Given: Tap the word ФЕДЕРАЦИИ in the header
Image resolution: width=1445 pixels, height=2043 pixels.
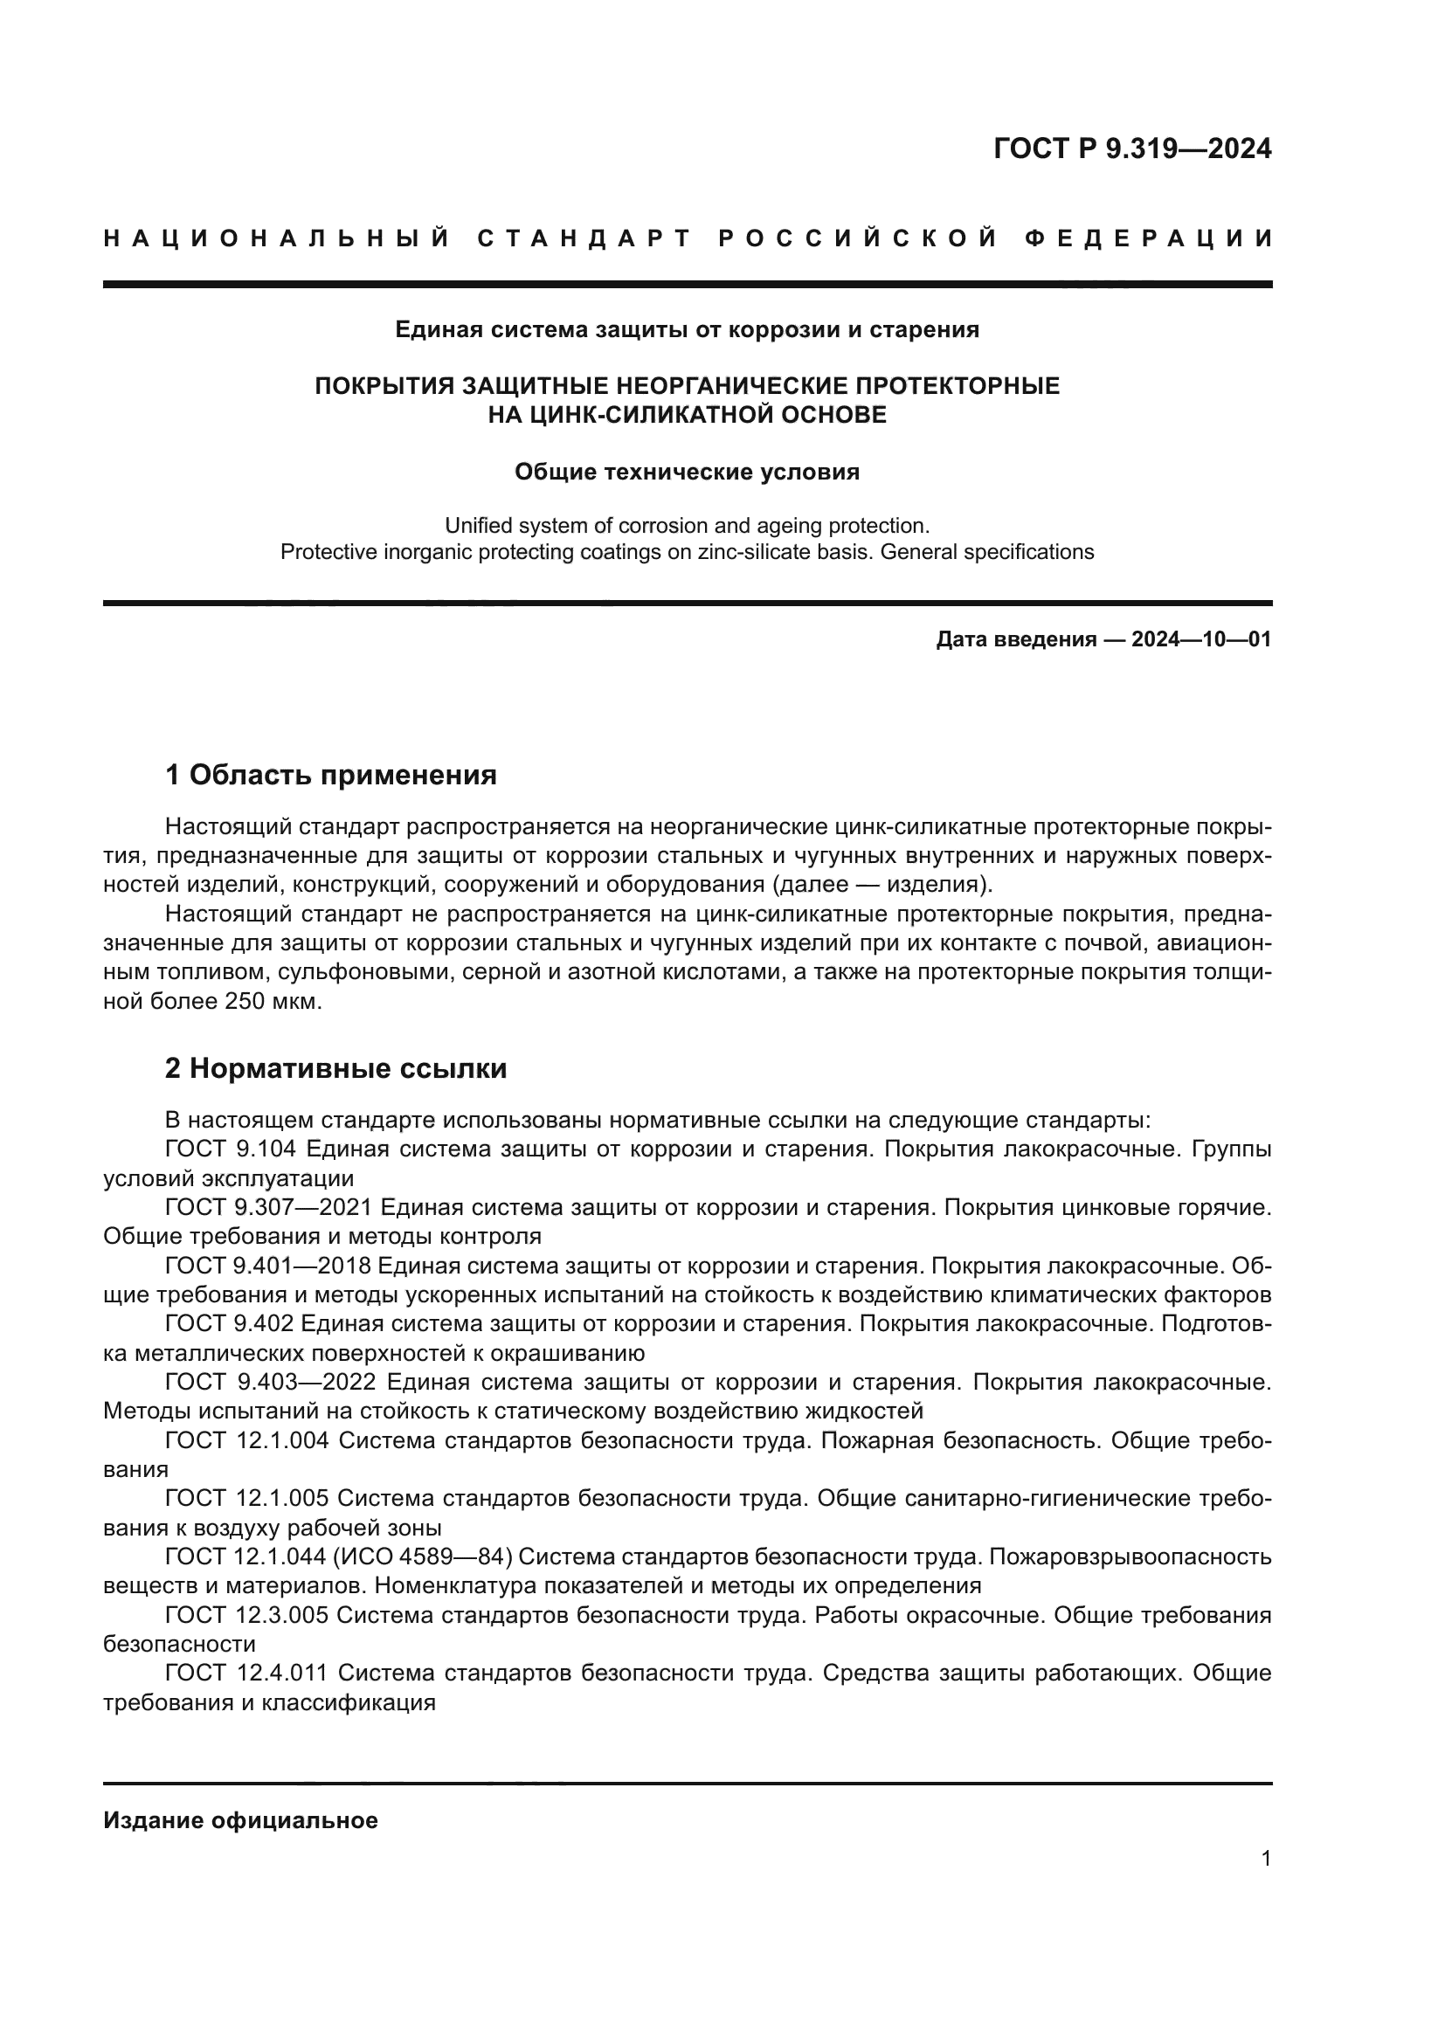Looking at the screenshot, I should (1149, 238).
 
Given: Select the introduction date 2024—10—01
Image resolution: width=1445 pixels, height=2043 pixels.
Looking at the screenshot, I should (1201, 638).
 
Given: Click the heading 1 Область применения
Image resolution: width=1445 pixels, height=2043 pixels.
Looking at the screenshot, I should (330, 775).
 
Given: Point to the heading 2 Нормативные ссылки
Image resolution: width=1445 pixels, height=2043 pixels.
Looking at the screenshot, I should (335, 1067).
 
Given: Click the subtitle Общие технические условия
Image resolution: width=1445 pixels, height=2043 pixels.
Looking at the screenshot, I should (687, 472).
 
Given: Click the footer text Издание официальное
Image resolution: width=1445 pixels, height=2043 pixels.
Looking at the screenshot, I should (240, 1819).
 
